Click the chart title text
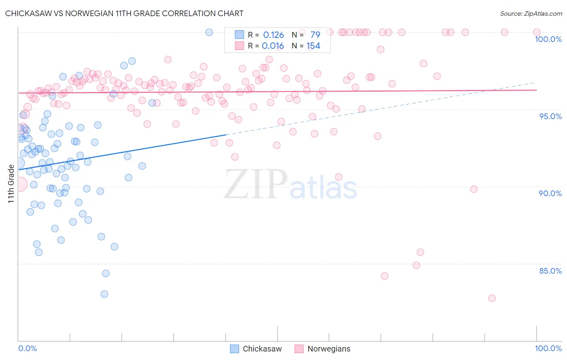pyautogui.click(x=124, y=13)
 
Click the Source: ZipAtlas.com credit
pyautogui.click(x=531, y=14)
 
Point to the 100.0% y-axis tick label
pyautogui.click(x=548, y=39)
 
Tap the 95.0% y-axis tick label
pyautogui.click(x=550, y=116)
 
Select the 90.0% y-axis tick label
pyautogui.click(x=550, y=193)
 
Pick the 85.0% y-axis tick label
pyautogui.click(x=550, y=271)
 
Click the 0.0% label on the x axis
pyautogui.click(x=27, y=348)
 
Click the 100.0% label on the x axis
pyautogui.click(x=548, y=348)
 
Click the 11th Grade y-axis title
pyautogui.click(x=11, y=184)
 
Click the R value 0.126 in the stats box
pyautogui.click(x=273, y=35)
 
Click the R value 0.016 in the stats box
pyautogui.click(x=273, y=46)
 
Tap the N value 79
pyautogui.click(x=315, y=35)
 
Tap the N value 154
pyautogui.click(x=313, y=46)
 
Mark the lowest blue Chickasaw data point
pyautogui.click(x=104, y=294)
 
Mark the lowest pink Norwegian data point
pyautogui.click(x=492, y=298)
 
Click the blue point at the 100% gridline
pyautogui.click(x=209, y=32)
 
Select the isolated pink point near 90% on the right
pyautogui.click(x=474, y=189)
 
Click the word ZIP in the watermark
pyautogui.click(x=255, y=184)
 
